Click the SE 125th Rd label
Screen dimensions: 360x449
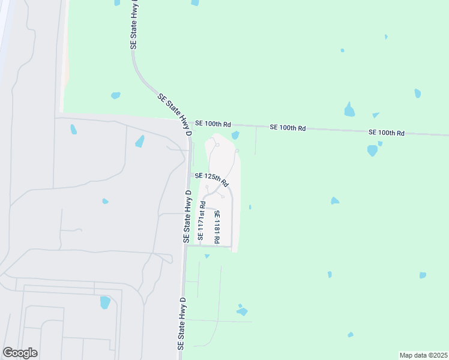point(212,178)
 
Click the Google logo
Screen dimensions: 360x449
point(20,353)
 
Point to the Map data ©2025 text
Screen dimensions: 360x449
point(424,355)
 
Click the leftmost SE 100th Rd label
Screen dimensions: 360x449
point(212,124)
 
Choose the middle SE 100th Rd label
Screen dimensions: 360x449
point(288,128)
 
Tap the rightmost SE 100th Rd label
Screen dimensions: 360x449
point(387,132)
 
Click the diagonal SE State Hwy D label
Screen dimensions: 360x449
point(175,113)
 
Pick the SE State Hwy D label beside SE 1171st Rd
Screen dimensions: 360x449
point(187,217)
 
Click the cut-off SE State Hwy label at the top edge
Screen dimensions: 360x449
point(134,24)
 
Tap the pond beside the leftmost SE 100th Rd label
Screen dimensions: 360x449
point(235,135)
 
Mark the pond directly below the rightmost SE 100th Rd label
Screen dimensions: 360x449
point(373,150)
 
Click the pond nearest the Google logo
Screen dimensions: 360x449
point(105,302)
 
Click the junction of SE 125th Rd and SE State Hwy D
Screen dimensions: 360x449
point(190,175)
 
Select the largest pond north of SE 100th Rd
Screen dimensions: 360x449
point(349,110)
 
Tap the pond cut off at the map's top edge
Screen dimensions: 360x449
point(195,2)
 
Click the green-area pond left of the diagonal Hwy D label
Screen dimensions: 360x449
point(115,95)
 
